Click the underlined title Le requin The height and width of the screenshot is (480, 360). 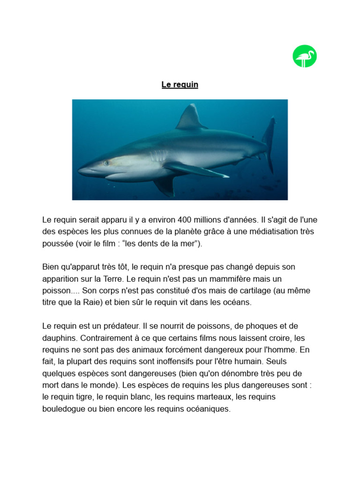click(x=180, y=85)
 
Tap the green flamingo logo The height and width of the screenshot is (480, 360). click(x=305, y=56)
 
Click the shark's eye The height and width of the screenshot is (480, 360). click(x=107, y=163)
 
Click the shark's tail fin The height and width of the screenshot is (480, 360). click(x=269, y=141)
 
